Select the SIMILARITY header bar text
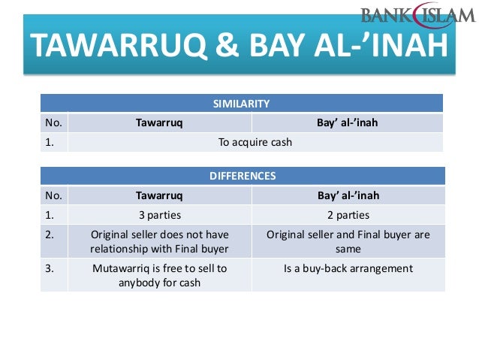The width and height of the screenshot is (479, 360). click(x=241, y=104)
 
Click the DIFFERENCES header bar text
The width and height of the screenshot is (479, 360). click(x=241, y=177)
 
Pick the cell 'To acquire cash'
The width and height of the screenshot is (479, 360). click(x=255, y=141)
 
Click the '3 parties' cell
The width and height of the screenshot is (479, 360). click(x=159, y=214)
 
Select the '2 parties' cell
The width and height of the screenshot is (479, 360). click(x=348, y=214)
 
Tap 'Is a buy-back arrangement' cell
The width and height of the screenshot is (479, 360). click(x=348, y=268)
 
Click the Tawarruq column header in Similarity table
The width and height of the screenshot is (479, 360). click(x=159, y=123)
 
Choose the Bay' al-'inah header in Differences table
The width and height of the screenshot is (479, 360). click(x=348, y=195)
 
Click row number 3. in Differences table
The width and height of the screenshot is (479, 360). click(x=50, y=268)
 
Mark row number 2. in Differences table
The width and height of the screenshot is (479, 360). click(x=50, y=234)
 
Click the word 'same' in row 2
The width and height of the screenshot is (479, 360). click(x=348, y=248)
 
